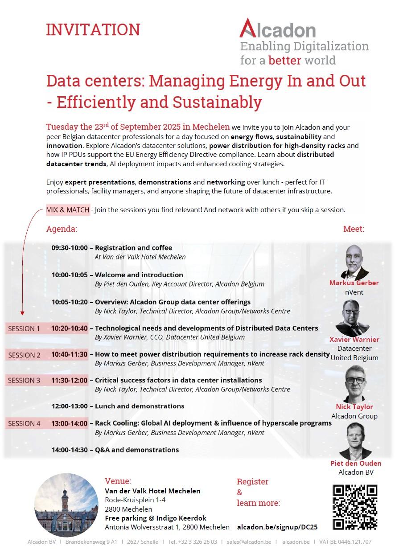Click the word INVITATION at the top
click(x=93, y=30)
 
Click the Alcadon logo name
click(x=278, y=29)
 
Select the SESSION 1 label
click(x=24, y=329)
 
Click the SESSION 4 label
click(x=24, y=423)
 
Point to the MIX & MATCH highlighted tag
click(x=68, y=210)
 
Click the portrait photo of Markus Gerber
click(x=354, y=262)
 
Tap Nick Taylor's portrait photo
click(x=355, y=384)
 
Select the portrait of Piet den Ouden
click(x=355, y=441)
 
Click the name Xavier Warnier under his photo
click(x=354, y=340)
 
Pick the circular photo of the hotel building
click(x=66, y=505)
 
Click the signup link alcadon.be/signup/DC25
click(x=277, y=527)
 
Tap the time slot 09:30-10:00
click(x=70, y=248)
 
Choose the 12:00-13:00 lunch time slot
click(x=70, y=406)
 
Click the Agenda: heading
click(x=62, y=229)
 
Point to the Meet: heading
click(x=354, y=229)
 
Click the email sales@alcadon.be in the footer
click(x=249, y=542)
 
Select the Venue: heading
click(x=118, y=481)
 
